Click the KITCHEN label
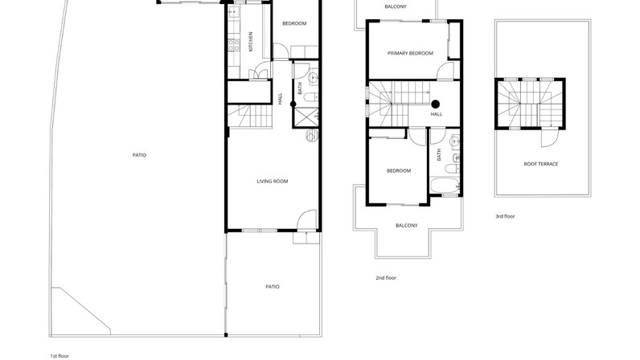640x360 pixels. tap(251, 42)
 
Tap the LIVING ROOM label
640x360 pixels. tap(273, 182)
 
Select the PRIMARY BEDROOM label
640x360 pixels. tap(410, 53)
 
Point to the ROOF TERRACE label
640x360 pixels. tap(541, 164)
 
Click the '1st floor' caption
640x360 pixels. tap(59, 356)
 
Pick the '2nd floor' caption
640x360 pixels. tap(386, 278)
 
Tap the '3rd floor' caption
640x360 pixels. tap(505, 216)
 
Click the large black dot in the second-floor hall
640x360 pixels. tap(436, 104)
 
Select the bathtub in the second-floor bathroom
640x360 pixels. tap(445, 186)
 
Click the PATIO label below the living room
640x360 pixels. tap(273, 287)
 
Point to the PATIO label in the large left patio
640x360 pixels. tap(139, 155)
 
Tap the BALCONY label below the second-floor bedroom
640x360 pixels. tap(407, 225)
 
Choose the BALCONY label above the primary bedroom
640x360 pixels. tap(396, 6)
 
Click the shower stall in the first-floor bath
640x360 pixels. tap(306, 117)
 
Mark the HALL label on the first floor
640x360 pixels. tap(280, 99)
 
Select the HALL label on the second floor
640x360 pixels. tap(437, 114)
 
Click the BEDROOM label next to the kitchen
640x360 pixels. tap(294, 23)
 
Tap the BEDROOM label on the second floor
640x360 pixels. tap(399, 170)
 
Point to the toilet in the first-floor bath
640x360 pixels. tap(311, 97)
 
